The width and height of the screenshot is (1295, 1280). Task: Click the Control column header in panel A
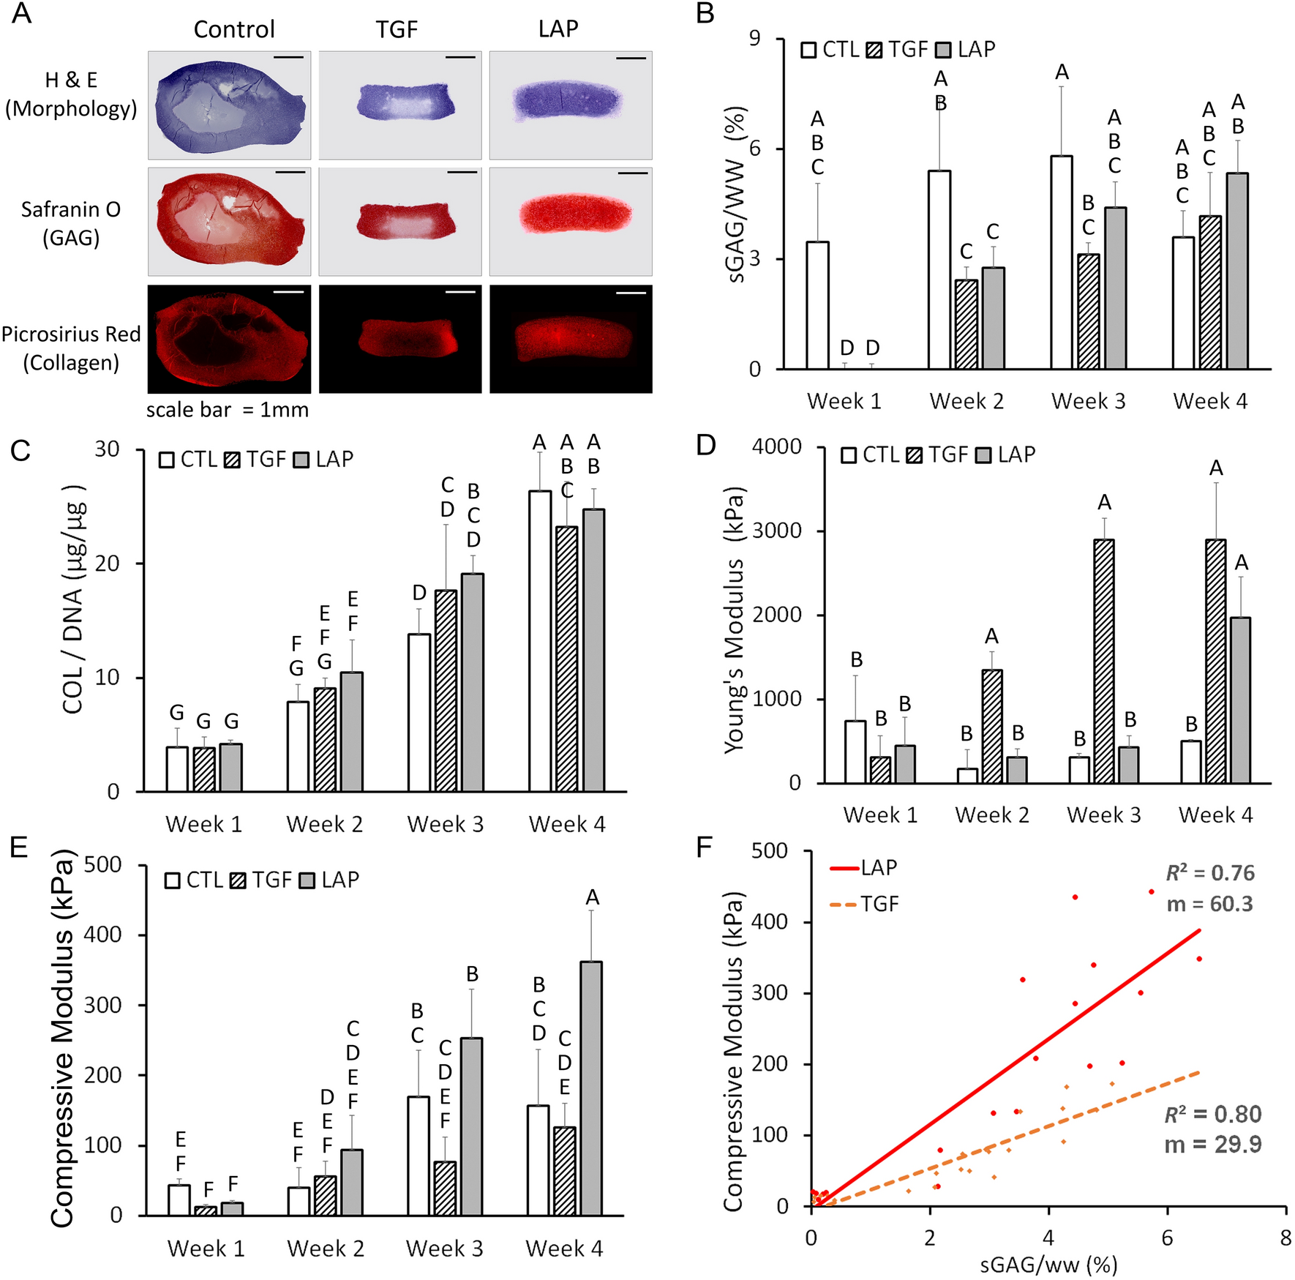(x=234, y=29)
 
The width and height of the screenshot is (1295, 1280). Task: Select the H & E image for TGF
(x=400, y=105)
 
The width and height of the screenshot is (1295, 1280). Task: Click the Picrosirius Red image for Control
(x=229, y=339)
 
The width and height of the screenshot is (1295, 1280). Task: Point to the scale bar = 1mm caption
(x=228, y=410)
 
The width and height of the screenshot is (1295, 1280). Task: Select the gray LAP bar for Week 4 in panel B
(x=1237, y=272)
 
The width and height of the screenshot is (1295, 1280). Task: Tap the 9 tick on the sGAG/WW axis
(x=754, y=39)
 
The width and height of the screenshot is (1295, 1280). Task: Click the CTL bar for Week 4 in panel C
(x=540, y=641)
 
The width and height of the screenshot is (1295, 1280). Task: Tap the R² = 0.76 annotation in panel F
(x=1210, y=873)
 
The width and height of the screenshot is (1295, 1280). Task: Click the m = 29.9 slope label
(x=1212, y=1145)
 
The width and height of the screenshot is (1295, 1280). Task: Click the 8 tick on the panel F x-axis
(x=1285, y=1238)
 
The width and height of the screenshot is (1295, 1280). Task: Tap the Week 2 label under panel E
(x=326, y=1249)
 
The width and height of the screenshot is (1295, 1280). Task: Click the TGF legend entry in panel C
(x=256, y=460)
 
